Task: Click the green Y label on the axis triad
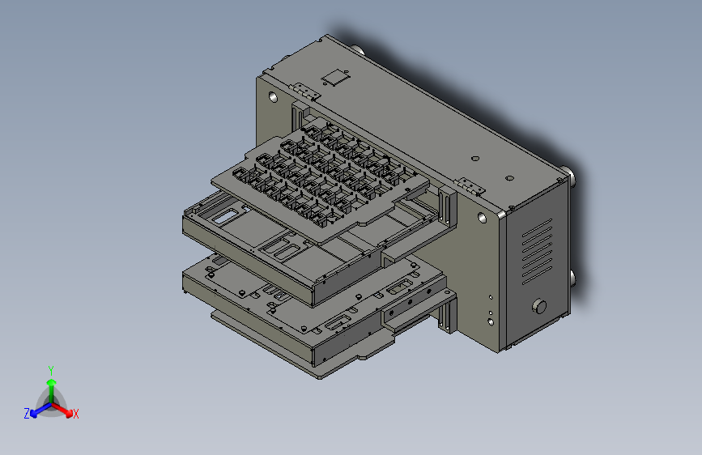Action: (51, 371)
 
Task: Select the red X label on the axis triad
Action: (75, 415)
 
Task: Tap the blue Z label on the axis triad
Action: (27, 414)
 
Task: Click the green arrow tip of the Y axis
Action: (52, 382)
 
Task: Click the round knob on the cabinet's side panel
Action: (539, 306)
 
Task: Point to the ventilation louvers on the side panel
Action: (537, 251)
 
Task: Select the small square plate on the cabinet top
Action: (335, 78)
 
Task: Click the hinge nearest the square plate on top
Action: (305, 91)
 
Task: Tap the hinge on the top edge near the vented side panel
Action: (470, 186)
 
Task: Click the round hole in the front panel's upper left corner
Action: (273, 96)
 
